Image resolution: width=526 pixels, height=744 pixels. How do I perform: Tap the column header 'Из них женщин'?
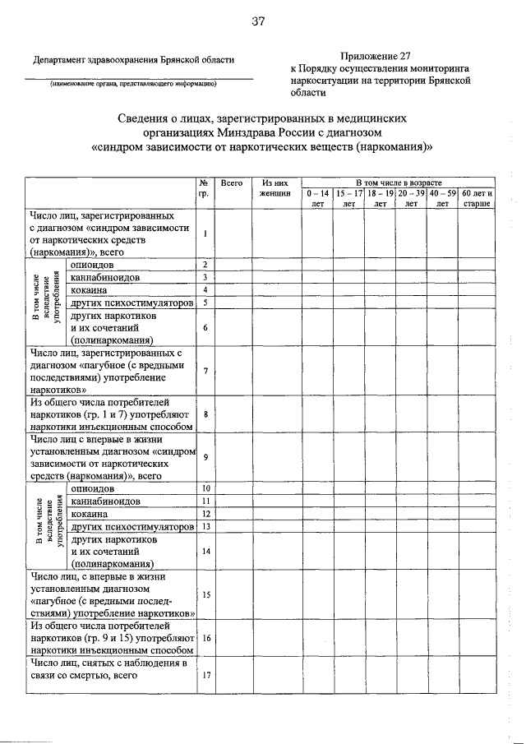275,187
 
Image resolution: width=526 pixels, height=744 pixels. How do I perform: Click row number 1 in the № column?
205,233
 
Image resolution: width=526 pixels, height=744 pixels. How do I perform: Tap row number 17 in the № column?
205,676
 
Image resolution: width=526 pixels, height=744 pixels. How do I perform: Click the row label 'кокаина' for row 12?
90,514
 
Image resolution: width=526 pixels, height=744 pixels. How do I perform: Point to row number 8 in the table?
205,414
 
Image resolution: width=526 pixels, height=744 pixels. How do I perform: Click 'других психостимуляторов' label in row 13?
131,526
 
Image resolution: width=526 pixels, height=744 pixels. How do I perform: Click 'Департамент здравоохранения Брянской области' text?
133,58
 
